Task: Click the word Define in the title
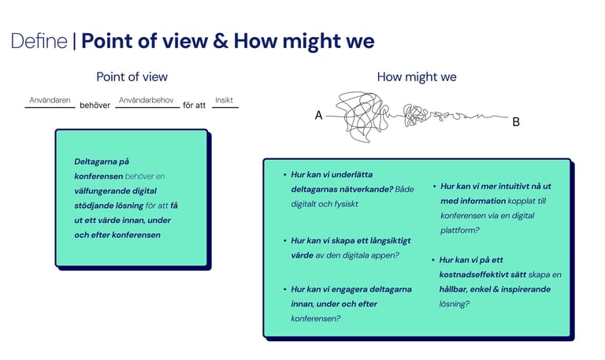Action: pos(39,42)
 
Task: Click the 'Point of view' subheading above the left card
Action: pos(132,77)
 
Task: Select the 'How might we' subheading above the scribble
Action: pos(417,77)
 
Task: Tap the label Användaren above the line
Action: pos(50,101)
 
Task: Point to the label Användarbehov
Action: pos(146,101)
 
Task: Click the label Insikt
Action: pos(225,101)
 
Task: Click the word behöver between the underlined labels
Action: pos(95,106)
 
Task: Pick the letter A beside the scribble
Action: pos(318,116)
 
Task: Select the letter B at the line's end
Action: pos(516,122)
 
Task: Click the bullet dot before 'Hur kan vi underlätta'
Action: pos(284,175)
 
